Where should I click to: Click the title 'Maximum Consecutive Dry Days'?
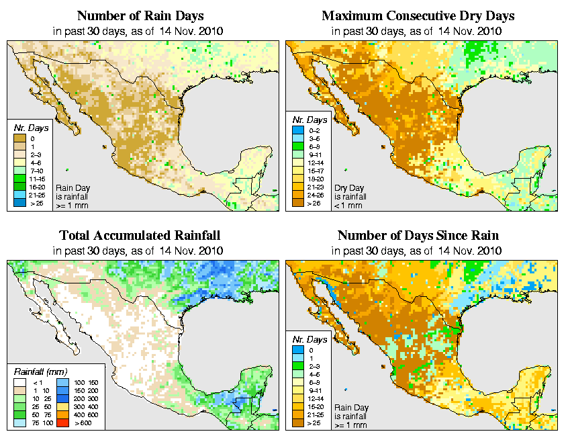(418, 15)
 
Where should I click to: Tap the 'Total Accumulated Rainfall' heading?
(140, 236)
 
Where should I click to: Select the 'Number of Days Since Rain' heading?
(418, 236)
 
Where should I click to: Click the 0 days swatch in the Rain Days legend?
(20, 138)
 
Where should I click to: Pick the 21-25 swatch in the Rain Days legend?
(20, 195)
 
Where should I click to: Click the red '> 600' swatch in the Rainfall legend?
(60, 423)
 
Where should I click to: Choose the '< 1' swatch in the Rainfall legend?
(20, 383)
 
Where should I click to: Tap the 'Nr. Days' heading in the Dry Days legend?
(311, 120)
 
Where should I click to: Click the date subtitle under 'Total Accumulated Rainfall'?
(139, 251)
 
